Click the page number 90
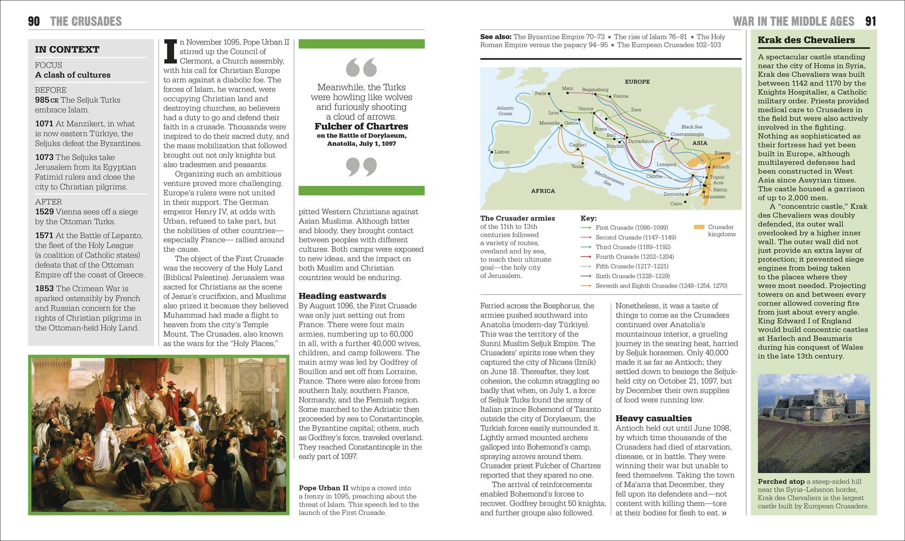point(34,21)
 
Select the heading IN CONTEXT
point(67,50)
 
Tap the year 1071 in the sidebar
point(44,123)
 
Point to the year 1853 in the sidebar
point(44,288)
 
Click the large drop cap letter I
point(170,51)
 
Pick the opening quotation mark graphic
point(361,67)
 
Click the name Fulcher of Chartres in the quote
point(361,126)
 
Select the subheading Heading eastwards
point(342,296)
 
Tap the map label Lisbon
point(502,152)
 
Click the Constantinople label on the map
point(687,134)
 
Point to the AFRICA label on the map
point(543,191)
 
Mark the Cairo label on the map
point(676,204)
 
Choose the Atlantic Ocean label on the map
point(505,111)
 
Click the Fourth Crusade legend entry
point(634,256)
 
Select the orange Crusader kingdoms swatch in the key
point(699,227)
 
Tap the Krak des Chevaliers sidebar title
point(806,40)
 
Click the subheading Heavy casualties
point(653,418)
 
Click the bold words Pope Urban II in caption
point(324,488)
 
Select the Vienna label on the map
point(620,96)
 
